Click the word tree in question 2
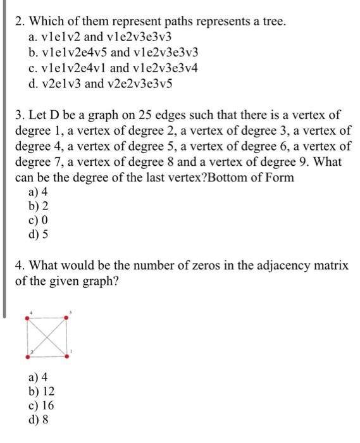(x=272, y=22)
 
